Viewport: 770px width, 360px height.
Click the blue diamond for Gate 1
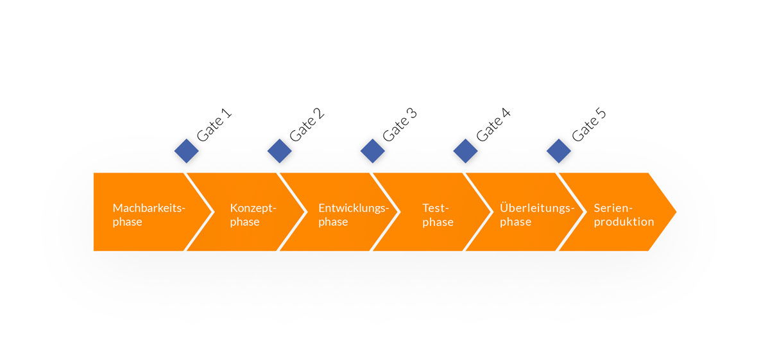186,151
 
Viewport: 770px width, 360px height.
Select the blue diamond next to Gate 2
280,151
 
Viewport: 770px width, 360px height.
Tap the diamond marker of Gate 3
373,151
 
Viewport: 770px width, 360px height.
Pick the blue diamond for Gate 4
465,151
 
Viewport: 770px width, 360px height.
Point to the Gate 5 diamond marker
559,151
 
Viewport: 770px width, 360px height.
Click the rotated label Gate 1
214,124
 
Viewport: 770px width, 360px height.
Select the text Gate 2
307,124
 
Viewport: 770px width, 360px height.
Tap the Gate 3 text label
400,124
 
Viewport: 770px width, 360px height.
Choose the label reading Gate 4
493,124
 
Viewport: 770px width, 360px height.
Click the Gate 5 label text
588,124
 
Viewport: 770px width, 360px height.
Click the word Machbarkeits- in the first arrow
149,208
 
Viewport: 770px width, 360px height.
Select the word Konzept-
253,209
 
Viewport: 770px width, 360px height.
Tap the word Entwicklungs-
354,209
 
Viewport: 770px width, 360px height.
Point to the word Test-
436,208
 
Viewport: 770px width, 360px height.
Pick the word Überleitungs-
537,208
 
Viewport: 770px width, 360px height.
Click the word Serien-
613,208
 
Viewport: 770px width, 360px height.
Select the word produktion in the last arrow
624,222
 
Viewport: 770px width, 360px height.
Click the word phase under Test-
438,222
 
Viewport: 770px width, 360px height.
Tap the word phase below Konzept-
244,222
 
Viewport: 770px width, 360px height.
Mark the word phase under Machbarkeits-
128,222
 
